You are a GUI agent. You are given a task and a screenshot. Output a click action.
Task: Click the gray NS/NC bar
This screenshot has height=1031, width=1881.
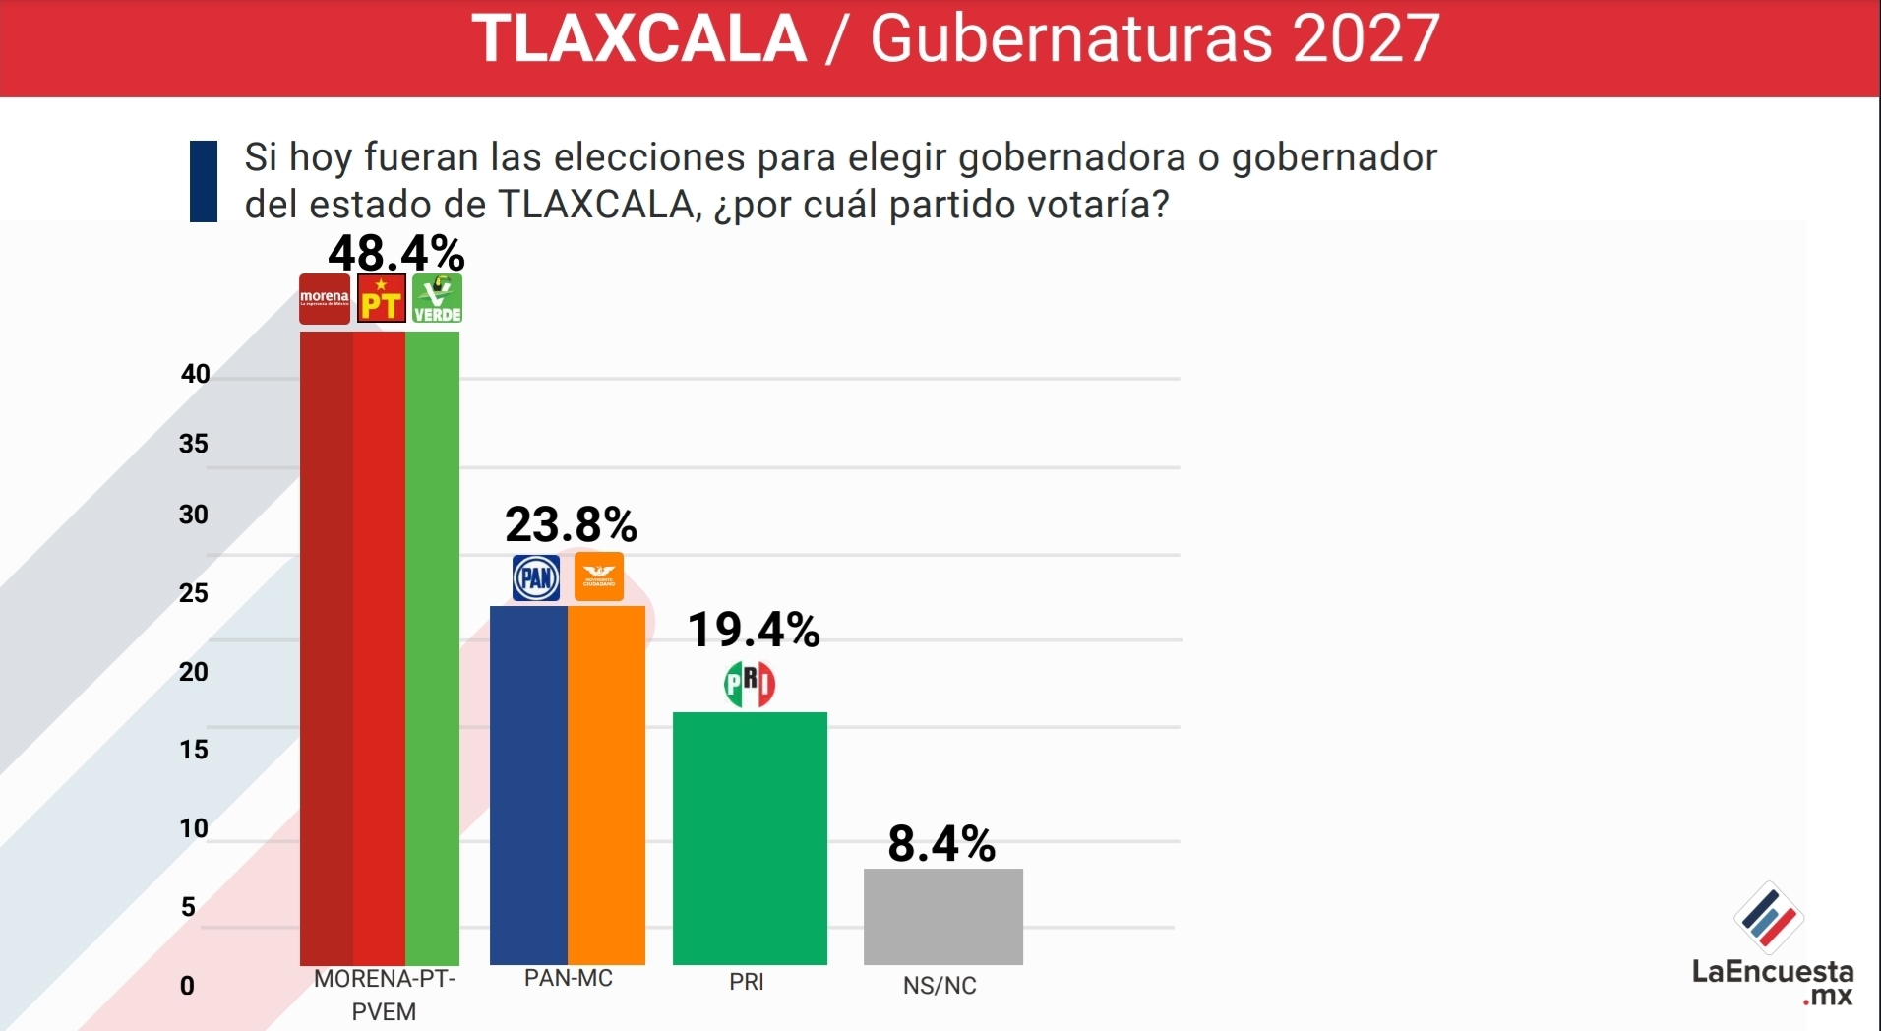coord(942,916)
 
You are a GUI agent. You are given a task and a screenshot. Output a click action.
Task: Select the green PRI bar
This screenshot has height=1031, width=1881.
coord(750,838)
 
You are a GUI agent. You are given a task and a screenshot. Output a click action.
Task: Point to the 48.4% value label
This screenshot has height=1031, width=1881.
coord(395,253)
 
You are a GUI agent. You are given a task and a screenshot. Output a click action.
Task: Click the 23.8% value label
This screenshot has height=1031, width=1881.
coord(571,524)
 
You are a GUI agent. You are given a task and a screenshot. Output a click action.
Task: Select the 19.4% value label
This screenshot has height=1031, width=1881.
coord(753,630)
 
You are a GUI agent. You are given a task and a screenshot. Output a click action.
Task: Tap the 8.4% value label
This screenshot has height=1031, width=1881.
coord(941,843)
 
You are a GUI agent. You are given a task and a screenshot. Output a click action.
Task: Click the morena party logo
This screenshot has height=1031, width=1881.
coord(325,299)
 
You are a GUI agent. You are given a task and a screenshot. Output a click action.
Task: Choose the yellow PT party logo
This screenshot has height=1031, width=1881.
coord(381,299)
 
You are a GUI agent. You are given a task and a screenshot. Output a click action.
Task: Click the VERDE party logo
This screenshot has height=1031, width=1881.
coord(437,299)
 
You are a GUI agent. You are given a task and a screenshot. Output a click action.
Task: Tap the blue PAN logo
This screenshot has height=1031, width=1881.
coord(536,577)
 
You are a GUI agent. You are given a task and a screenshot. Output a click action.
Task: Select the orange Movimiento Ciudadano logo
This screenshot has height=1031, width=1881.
coord(598,577)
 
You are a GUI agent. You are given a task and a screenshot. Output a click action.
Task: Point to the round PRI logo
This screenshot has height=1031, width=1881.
coord(750,684)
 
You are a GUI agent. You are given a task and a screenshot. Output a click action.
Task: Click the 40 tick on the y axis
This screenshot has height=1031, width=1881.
coord(195,374)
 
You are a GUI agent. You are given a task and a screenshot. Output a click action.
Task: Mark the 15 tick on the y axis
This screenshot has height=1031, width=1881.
coord(194,750)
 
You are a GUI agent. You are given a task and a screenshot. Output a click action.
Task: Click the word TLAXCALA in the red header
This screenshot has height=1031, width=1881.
coord(639,39)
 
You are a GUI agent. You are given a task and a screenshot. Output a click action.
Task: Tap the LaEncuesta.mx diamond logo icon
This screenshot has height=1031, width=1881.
coord(1768,917)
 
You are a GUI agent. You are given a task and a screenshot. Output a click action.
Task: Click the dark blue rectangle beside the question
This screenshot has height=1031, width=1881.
coord(204,181)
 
